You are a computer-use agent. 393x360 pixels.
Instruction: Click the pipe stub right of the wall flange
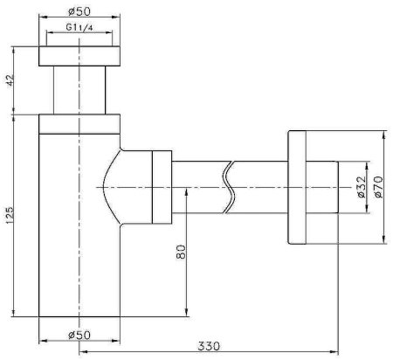coord(322,187)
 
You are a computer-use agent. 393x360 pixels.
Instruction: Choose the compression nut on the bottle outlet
coord(162,187)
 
